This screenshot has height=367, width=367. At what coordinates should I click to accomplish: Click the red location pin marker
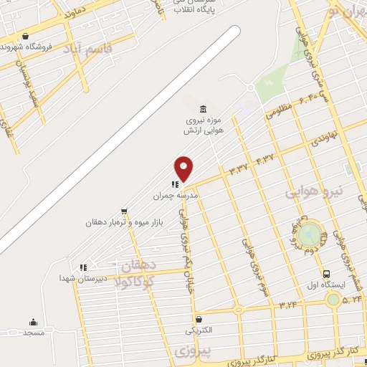coord(183,168)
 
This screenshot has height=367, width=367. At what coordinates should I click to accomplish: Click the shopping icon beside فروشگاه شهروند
coord(26,36)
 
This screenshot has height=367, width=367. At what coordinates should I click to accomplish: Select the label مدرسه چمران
coord(175,194)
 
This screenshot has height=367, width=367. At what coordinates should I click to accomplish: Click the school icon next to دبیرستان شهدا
coord(83,267)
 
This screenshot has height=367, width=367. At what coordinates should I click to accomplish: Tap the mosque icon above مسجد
coord(33,322)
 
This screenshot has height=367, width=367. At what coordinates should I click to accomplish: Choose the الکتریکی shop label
coord(199,330)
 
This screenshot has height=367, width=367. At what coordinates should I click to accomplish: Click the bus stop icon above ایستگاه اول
coord(326,274)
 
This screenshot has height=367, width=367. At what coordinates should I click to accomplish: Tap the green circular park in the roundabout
coord(310,232)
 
